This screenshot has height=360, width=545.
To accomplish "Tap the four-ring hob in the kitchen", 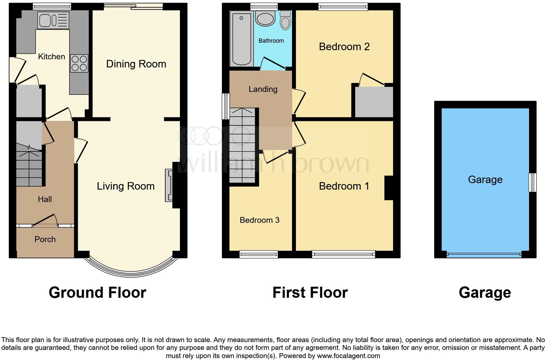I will click(x=79, y=63).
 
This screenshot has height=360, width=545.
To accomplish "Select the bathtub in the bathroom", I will click(x=242, y=38).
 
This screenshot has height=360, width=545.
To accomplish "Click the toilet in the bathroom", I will click(x=285, y=21).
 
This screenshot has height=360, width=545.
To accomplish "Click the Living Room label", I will click(x=125, y=186).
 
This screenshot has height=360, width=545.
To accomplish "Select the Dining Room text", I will click(x=136, y=64).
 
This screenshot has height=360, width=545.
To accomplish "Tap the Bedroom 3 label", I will click(x=259, y=220).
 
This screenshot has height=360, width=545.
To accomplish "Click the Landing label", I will click(x=263, y=89).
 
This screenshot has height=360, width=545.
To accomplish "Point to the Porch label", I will click(x=45, y=239).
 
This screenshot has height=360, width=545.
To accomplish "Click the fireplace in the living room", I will click(x=169, y=185).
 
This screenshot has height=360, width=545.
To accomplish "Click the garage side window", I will click(x=532, y=182).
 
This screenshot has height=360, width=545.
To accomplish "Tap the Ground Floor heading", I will click(x=97, y=293).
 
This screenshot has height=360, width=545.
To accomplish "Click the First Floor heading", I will click(x=310, y=293).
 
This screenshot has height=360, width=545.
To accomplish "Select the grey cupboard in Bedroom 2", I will click(x=374, y=102).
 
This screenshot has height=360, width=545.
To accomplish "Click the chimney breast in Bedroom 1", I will click(x=389, y=188).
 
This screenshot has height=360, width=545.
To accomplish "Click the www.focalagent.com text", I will click(x=348, y=356).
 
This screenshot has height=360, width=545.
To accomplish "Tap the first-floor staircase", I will click(x=242, y=147).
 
